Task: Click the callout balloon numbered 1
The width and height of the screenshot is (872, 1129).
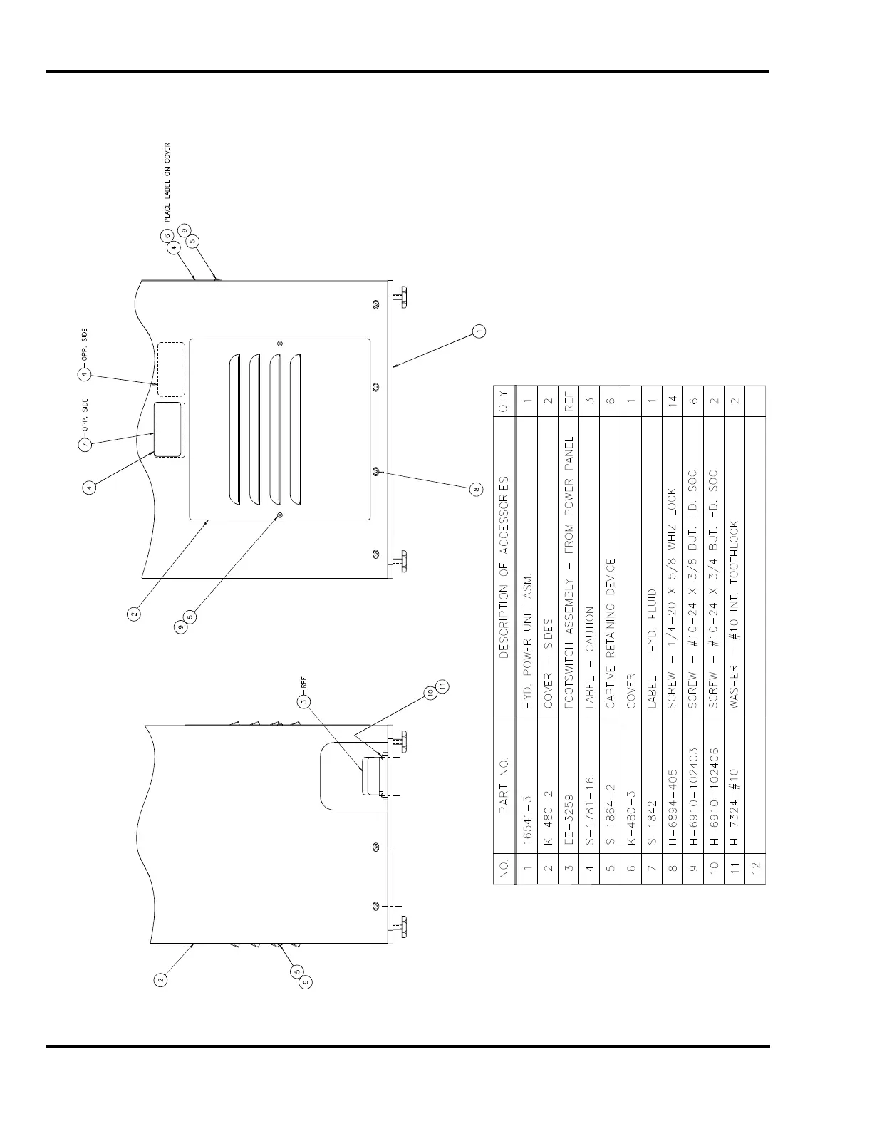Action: [479, 331]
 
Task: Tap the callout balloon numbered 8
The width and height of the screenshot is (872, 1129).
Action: [477, 489]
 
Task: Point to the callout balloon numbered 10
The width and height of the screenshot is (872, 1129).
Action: [431, 691]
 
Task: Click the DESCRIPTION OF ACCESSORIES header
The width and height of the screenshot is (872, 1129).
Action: [503, 567]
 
